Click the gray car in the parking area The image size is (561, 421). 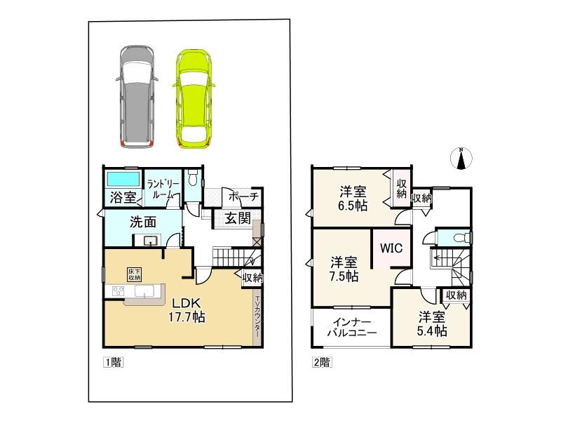(137, 97)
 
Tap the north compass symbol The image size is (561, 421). (461, 158)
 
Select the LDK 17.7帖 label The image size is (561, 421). (187, 310)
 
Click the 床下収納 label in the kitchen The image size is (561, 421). (135, 274)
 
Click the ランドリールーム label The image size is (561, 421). (163, 189)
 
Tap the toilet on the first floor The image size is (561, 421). (193, 178)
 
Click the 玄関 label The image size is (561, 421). (238, 218)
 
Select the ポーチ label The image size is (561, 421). (243, 196)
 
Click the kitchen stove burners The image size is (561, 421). (118, 291)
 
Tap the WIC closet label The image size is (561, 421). (391, 248)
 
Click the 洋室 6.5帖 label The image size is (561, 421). (353, 199)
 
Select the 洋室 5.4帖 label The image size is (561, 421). (432, 323)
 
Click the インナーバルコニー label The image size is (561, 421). (352, 328)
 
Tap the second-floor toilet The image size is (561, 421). (459, 237)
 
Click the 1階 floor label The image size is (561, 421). (113, 362)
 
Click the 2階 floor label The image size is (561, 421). (322, 362)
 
